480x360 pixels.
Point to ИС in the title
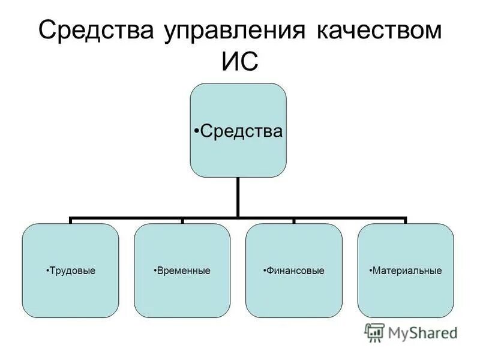point(239,62)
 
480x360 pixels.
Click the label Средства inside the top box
point(241,130)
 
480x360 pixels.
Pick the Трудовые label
point(72,271)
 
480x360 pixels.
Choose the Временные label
point(184,271)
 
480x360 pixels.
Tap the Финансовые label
point(296,271)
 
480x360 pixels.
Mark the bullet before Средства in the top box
point(197,131)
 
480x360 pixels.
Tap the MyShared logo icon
point(374,332)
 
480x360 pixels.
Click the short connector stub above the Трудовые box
point(71,221)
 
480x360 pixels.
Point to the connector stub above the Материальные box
point(406,221)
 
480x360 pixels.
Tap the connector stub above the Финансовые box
point(294,221)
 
